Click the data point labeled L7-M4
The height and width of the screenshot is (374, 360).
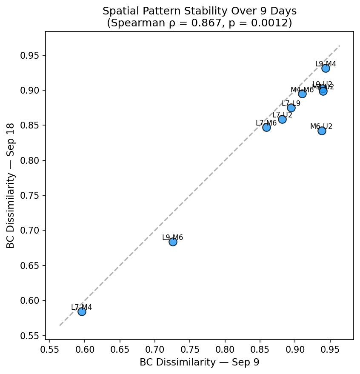82,311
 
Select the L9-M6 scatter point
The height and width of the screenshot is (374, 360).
173,242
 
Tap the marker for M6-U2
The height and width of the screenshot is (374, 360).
322,131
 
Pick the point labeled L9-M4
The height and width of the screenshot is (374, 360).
326,68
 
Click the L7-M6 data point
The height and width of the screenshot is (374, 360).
266,127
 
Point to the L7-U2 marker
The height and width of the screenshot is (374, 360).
282,119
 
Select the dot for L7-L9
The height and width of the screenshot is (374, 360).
291,108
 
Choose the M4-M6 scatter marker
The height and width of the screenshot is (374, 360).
302,94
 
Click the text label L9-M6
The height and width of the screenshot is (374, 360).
172,237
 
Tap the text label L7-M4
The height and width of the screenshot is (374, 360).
81,307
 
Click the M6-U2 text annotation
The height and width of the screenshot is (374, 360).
321,126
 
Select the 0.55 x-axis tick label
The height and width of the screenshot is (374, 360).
50,350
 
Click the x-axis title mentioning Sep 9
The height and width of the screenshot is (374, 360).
199,362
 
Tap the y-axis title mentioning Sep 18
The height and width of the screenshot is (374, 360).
10,186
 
